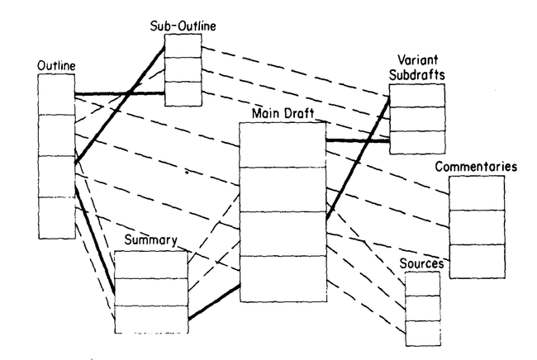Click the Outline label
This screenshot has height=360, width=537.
54,65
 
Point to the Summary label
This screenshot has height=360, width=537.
151,241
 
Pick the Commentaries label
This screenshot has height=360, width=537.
478,167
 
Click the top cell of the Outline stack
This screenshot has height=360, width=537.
56,94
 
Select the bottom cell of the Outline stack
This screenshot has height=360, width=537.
56,217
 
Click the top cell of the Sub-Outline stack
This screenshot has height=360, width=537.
184,46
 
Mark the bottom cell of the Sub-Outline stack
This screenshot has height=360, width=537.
184,93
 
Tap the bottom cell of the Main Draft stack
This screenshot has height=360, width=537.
283,279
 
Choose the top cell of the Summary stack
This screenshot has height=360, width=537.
151,264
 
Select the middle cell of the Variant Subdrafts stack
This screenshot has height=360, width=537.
417,119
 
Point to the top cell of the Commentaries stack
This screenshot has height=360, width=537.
477,193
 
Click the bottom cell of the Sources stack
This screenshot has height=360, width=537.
422,332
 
